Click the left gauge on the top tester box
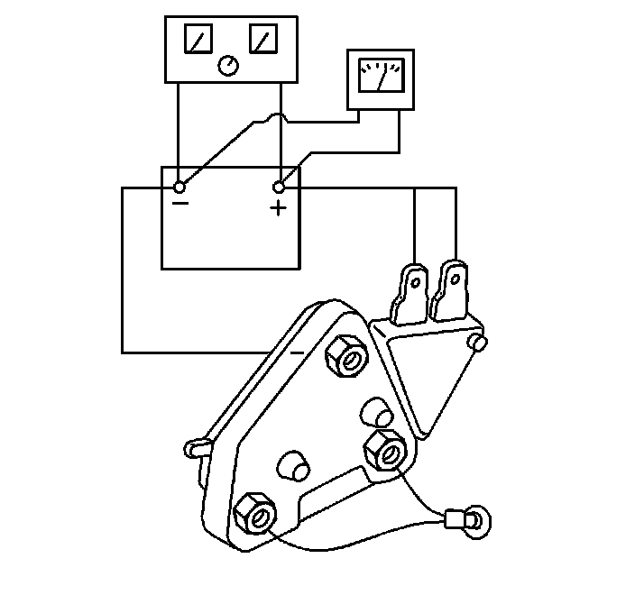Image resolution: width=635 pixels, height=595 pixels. click(197, 39)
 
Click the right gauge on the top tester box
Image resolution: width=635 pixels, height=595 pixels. click(264, 39)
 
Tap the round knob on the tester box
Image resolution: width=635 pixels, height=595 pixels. click(229, 65)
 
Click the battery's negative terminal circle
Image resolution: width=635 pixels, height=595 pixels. click(179, 187)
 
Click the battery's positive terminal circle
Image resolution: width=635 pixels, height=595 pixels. click(279, 187)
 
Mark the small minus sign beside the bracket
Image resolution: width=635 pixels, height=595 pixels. click(298, 352)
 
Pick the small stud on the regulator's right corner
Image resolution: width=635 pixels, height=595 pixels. click(480, 343)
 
